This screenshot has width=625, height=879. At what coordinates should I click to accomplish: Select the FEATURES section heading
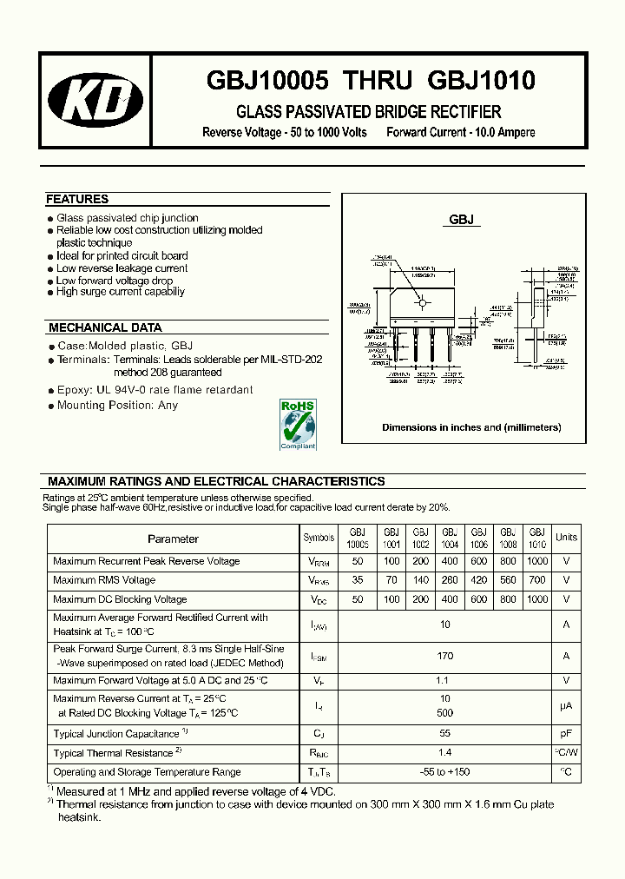click(77, 199)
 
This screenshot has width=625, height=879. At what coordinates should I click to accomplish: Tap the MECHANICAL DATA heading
click(105, 328)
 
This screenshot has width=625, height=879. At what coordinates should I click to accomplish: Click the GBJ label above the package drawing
click(462, 220)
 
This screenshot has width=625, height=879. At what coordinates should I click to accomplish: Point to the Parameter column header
click(173, 539)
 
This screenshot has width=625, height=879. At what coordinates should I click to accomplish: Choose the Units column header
click(566, 538)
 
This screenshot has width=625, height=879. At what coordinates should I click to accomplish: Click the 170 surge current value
click(445, 656)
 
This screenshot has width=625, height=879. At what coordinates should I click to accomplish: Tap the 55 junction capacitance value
click(445, 734)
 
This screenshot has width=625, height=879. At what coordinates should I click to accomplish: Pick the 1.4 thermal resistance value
click(445, 753)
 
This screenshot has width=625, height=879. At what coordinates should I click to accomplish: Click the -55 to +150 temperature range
click(445, 772)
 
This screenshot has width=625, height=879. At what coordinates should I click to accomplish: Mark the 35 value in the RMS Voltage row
click(359, 580)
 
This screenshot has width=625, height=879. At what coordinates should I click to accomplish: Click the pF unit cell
click(566, 734)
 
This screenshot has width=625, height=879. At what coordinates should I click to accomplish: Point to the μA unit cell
click(566, 705)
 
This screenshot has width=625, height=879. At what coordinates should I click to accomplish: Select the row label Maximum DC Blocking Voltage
click(120, 599)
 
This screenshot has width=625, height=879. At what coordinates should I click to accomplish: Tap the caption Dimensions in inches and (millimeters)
click(471, 427)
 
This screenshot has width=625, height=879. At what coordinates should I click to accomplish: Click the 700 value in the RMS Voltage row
click(537, 580)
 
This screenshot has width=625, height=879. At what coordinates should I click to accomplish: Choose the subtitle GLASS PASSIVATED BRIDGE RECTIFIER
click(369, 112)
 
